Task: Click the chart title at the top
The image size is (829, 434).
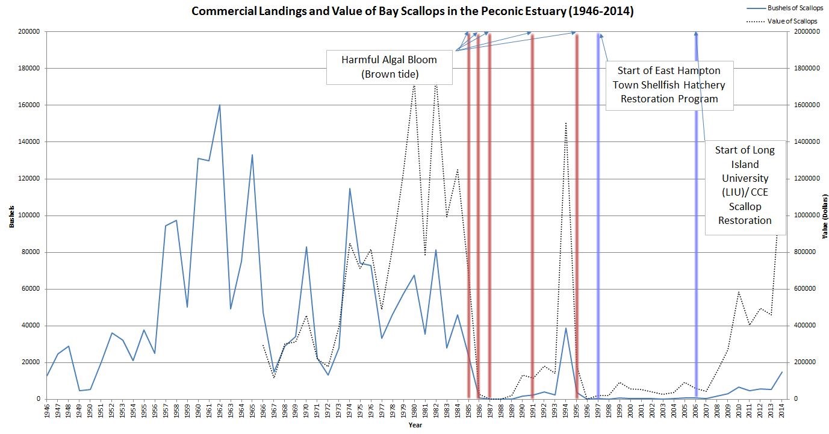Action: click(412, 11)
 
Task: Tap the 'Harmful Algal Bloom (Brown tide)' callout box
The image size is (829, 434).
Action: click(389, 67)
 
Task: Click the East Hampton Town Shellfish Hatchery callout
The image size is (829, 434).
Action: click(669, 85)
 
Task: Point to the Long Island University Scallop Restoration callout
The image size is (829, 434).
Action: click(745, 185)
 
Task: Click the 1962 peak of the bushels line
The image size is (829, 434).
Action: click(220, 105)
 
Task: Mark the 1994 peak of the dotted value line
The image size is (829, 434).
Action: click(566, 123)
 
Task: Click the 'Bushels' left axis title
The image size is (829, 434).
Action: click(11, 215)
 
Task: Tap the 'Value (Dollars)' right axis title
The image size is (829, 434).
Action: click(823, 215)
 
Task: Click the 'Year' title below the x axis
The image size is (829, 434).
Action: click(415, 426)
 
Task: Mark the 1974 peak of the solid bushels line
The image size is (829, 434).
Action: click(350, 188)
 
